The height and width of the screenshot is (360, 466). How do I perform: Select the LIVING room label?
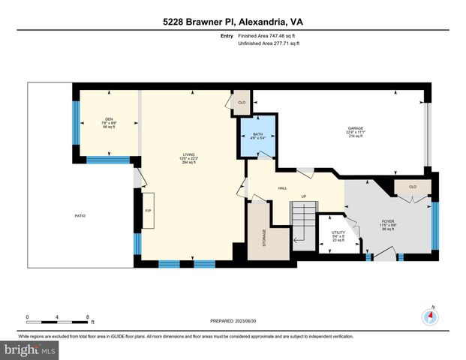tap(188, 158)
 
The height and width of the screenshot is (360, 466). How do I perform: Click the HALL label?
tap(283, 188)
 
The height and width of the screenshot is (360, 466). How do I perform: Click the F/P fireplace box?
tap(148, 211)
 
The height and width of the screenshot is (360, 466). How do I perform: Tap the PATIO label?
tap(80, 216)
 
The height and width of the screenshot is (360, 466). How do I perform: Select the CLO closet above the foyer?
tap(413, 187)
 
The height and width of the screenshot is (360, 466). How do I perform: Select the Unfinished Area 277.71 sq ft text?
tap(268, 43)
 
